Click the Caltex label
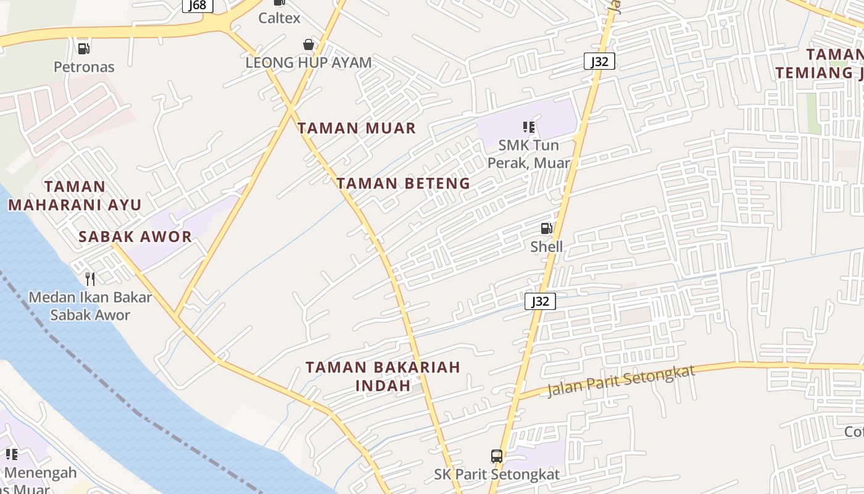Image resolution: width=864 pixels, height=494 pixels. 279,18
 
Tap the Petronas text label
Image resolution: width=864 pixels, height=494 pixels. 84,67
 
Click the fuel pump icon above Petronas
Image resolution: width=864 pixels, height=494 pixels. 83,48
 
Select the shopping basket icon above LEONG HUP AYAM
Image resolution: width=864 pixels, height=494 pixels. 308,44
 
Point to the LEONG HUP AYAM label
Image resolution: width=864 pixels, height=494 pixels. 309,62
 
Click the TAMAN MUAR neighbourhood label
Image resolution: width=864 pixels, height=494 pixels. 357,128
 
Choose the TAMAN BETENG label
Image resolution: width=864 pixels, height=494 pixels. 403,183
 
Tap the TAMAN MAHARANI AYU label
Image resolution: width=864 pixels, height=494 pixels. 75,195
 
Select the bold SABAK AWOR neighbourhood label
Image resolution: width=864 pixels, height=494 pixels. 135,237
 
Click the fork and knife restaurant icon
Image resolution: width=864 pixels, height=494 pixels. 90,279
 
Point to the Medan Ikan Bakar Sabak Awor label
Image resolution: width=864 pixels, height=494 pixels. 90,306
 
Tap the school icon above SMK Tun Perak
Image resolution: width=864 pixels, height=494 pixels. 528,127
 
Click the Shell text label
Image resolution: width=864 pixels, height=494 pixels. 547,247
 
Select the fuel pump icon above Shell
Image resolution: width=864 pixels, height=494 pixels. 546,228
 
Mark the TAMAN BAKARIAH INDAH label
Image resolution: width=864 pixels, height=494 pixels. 383,376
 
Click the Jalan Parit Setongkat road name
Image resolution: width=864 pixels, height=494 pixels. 621,381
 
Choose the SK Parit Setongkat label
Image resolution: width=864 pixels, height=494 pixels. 497,474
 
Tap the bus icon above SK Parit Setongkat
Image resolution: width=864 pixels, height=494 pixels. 496,456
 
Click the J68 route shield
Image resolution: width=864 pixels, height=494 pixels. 198,5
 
